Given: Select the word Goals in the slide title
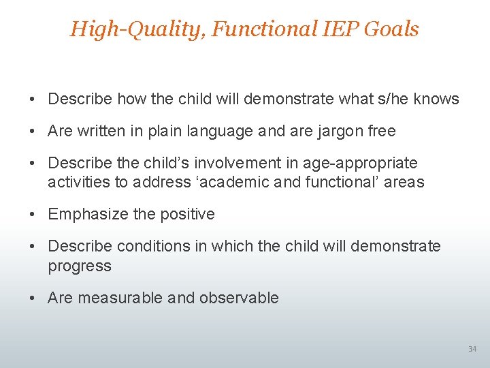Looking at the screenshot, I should [394, 29].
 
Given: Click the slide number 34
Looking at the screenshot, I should [472, 350].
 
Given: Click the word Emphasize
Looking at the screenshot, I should [87, 214].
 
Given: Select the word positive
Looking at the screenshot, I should [187, 214].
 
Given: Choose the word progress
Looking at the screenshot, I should [79, 266].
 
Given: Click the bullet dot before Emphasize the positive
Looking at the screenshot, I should [33, 214].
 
